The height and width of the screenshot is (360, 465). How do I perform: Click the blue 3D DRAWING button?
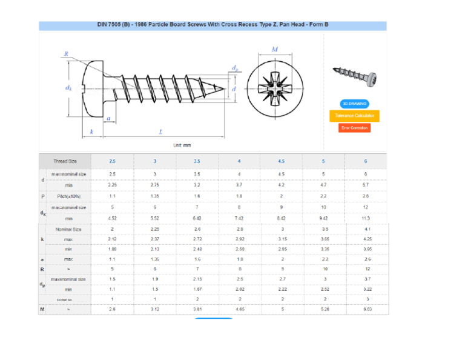(354, 104)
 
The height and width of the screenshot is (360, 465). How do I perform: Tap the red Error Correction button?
(354, 128)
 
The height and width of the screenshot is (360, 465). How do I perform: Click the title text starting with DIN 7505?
(213, 25)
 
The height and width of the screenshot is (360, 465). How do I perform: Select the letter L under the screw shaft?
(160, 132)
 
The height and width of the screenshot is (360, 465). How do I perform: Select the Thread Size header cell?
(65, 161)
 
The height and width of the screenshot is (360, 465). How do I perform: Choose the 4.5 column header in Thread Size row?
(281, 161)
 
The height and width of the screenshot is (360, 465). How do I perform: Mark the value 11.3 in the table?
(366, 218)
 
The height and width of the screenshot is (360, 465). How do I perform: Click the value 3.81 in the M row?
(197, 309)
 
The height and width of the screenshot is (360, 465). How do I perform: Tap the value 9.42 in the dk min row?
(323, 218)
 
